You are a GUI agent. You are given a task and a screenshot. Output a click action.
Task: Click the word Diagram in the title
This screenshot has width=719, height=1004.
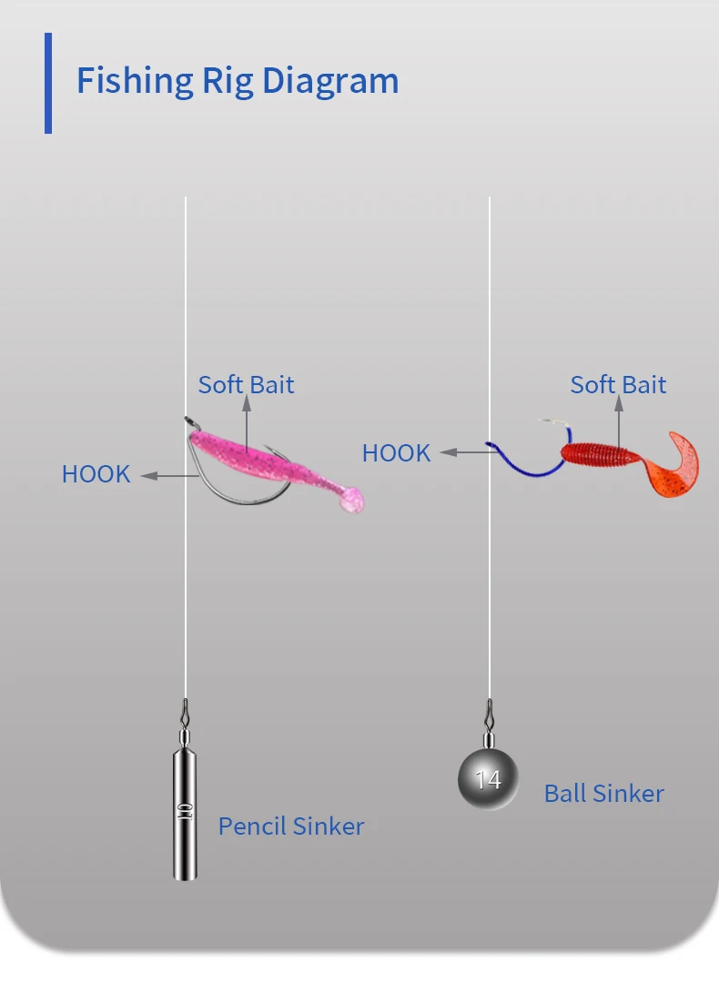tap(330, 81)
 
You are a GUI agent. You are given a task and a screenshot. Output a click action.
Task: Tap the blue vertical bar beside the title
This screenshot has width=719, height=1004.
tap(48, 83)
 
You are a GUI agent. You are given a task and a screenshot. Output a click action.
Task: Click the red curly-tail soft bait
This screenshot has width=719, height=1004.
tap(605, 452)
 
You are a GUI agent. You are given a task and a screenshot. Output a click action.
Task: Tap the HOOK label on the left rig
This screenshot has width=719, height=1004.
tap(96, 474)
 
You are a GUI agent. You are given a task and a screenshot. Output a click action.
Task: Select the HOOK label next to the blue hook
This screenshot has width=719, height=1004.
tap(396, 452)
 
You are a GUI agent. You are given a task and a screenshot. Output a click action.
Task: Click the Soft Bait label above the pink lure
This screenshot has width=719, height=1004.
tap(246, 384)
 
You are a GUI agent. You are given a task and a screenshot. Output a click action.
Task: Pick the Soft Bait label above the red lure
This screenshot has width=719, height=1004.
tap(618, 384)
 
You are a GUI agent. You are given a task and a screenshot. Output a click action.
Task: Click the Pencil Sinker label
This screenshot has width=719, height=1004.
tap(291, 827)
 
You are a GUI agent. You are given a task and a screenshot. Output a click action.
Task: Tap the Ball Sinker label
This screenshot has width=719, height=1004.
tap(604, 794)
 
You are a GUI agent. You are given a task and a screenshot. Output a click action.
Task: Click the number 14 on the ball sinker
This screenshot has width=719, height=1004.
tap(488, 780)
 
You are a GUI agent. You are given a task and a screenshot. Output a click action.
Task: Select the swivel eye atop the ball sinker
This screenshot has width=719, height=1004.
tap(490, 707)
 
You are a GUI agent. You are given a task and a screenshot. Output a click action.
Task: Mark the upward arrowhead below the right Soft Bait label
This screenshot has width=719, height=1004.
tap(618, 405)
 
